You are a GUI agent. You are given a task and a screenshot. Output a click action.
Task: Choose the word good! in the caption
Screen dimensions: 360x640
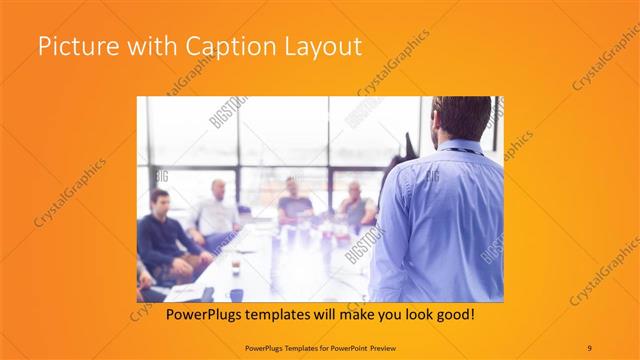coord(454,315)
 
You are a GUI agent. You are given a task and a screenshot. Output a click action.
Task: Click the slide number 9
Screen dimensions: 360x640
coord(590,347)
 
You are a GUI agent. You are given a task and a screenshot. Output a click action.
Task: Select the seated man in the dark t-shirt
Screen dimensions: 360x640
coord(294,200)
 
